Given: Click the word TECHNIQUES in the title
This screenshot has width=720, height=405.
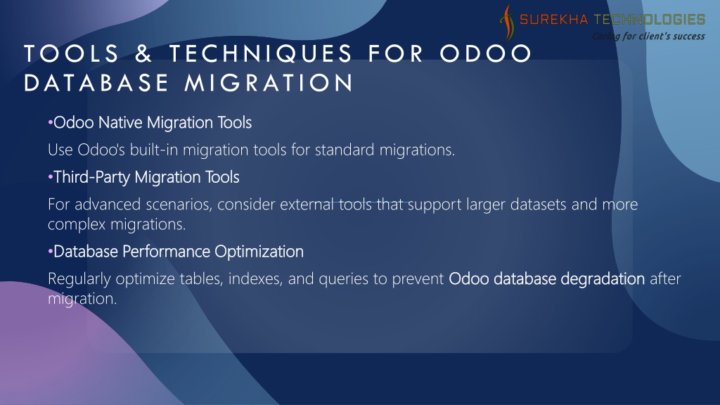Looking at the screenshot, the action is tap(260, 53).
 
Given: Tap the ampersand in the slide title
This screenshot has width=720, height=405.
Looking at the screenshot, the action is tap(143, 53).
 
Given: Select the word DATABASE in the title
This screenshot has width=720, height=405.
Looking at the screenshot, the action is tap(96, 83).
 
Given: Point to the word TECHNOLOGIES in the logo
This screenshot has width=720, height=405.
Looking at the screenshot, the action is tap(649, 19).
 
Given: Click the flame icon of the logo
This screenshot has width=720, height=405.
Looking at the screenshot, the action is tap(507, 22).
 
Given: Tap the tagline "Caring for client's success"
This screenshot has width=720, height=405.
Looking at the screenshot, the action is tap(648, 36).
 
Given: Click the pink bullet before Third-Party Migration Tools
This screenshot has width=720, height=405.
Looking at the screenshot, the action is tap(50, 177).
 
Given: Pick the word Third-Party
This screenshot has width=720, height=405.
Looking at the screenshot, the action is tap(92, 177).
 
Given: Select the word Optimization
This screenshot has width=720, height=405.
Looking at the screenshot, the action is tap(259, 252).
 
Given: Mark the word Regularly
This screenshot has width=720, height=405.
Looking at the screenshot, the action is tap(79, 278).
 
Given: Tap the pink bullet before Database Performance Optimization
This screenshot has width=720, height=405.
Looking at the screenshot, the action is tap(50, 252).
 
